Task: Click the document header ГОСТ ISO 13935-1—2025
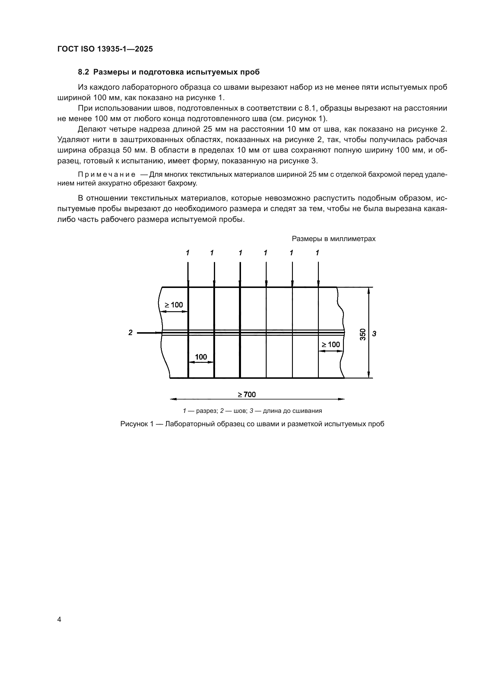click(105, 49)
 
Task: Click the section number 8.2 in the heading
click(83, 72)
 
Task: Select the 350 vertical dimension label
click(363, 334)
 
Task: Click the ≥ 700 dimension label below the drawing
click(247, 395)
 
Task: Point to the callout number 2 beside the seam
click(130, 332)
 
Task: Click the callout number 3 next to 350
click(374, 334)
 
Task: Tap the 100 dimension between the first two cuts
click(201, 357)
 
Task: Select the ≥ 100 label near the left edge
click(174, 305)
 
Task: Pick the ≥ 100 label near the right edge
click(331, 344)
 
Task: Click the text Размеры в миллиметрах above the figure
click(334, 239)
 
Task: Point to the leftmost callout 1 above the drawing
click(188, 253)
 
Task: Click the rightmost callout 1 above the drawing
click(317, 253)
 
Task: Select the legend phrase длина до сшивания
click(292, 411)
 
